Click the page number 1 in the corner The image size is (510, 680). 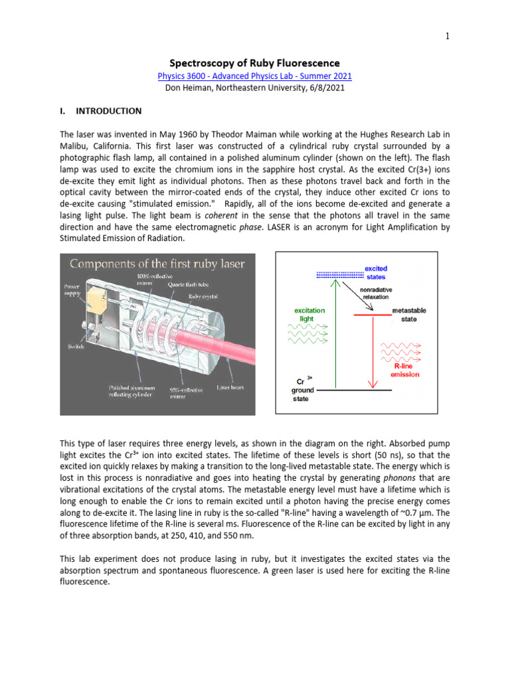(448, 37)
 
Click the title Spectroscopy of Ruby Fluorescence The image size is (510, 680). (255, 64)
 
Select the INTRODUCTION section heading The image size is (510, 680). (108, 111)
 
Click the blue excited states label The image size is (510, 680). (375, 272)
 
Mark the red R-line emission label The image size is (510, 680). (406, 370)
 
